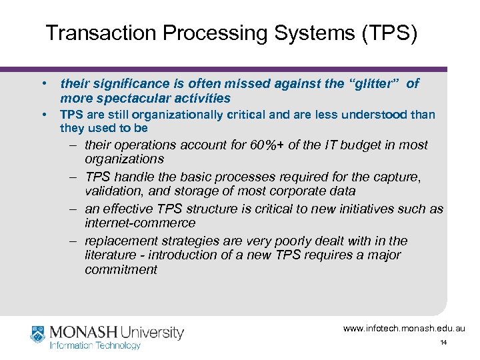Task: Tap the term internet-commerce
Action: coord(140,223)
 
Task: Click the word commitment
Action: coord(121,269)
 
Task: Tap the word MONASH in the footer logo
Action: coord(83,332)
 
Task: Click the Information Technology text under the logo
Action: coord(95,345)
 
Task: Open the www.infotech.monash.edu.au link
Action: coord(404,328)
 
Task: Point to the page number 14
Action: coord(443,343)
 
